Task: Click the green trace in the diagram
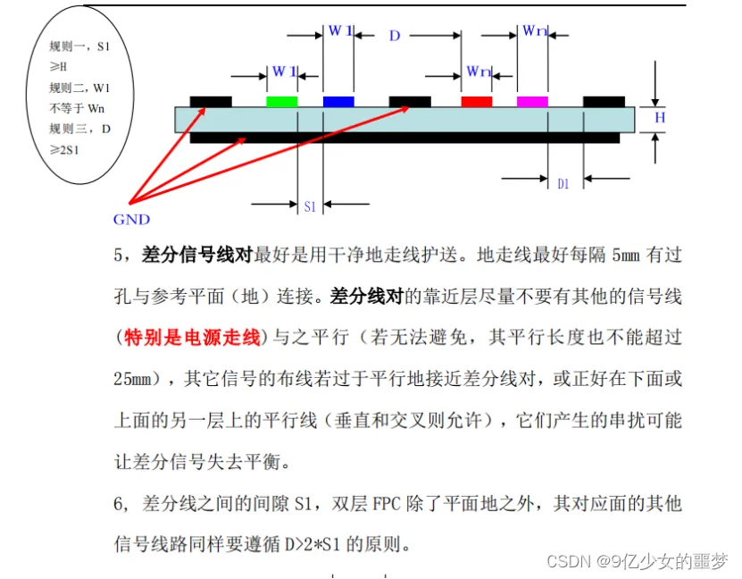[x=282, y=102]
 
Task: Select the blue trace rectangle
[x=338, y=102]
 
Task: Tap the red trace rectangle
[x=476, y=102]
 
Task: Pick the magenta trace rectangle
[x=532, y=102]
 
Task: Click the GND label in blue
[x=131, y=219]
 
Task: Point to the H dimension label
[x=660, y=118]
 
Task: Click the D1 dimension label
[x=563, y=184]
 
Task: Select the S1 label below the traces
[x=310, y=206]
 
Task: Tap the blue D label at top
[x=395, y=36]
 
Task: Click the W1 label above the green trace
[x=284, y=71]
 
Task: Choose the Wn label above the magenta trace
[x=534, y=30]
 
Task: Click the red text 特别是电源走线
[x=192, y=337]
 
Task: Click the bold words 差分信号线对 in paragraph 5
[x=197, y=255]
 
